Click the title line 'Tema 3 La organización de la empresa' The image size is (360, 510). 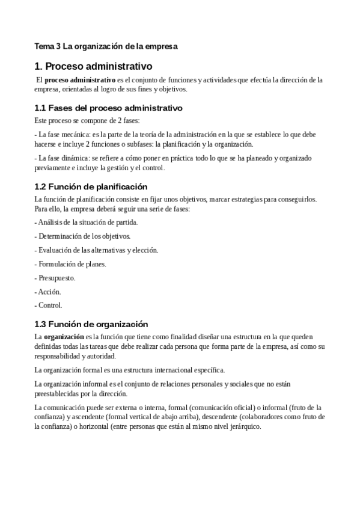pyautogui.click(x=106, y=46)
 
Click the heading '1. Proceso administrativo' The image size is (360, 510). pyautogui.click(x=94, y=66)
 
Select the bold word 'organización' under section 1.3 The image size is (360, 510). pyautogui.click(x=64, y=337)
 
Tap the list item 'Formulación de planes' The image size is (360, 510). pyautogui.click(x=72, y=263)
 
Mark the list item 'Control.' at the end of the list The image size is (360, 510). pyautogui.click(x=50, y=305)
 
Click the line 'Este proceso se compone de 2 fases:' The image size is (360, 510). pyautogui.click(x=87, y=120)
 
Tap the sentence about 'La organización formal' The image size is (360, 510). pyautogui.click(x=129, y=369)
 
